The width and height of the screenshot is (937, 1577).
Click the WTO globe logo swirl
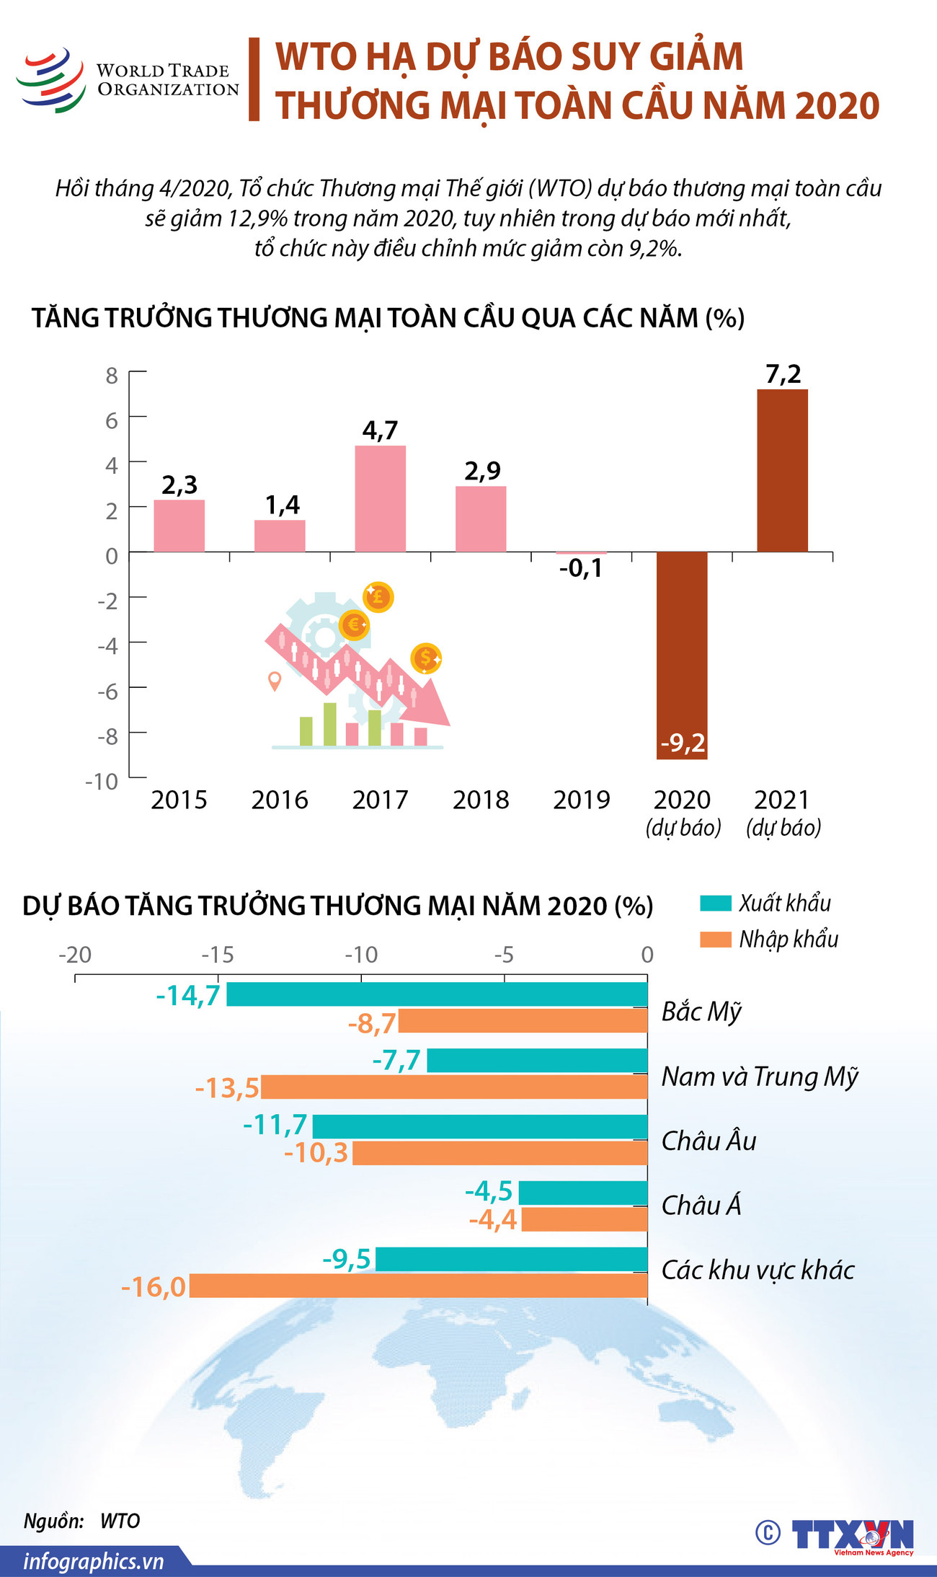(51, 80)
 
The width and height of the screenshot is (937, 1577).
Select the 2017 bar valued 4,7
(380, 498)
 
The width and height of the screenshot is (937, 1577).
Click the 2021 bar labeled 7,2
(782, 470)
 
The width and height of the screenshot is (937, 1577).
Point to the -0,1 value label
(580, 569)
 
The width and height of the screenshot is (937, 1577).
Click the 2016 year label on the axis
(279, 800)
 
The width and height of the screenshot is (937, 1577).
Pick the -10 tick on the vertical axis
(102, 782)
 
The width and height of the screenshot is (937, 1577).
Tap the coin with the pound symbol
(378, 597)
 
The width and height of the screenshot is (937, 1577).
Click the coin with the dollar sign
(425, 658)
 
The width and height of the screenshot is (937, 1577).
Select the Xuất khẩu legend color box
(715, 903)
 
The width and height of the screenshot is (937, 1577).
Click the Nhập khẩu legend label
(789, 939)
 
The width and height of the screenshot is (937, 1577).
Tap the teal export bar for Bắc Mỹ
(437, 994)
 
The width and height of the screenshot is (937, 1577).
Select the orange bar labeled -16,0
(418, 1286)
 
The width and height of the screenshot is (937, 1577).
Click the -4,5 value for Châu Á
(489, 1191)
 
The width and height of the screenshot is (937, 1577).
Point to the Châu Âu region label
(709, 1141)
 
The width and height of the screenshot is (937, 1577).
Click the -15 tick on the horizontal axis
(218, 955)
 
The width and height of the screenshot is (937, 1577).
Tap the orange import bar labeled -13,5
(454, 1087)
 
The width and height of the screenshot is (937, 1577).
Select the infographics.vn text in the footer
(94, 1561)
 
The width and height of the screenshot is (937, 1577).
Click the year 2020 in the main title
(838, 105)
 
